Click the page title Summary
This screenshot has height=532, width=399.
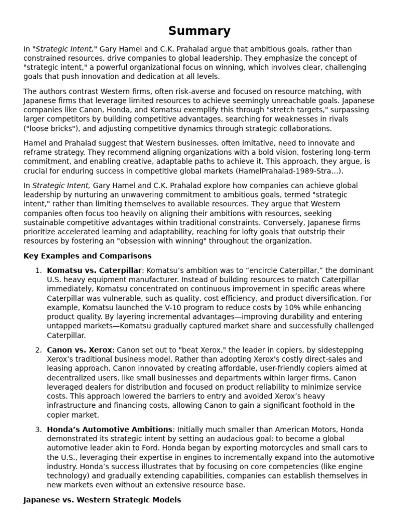(x=199, y=31)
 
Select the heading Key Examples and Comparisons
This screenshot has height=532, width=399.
(x=87, y=256)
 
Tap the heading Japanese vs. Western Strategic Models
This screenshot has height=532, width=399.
(x=102, y=500)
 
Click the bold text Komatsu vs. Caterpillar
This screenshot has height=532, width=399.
(x=94, y=270)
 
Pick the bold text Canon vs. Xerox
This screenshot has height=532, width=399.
(x=79, y=350)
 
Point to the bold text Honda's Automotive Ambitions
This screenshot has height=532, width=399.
(x=110, y=429)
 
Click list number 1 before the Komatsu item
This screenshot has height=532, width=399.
(x=38, y=270)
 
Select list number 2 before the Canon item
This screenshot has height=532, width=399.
(x=38, y=350)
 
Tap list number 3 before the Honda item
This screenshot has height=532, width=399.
(x=38, y=429)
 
